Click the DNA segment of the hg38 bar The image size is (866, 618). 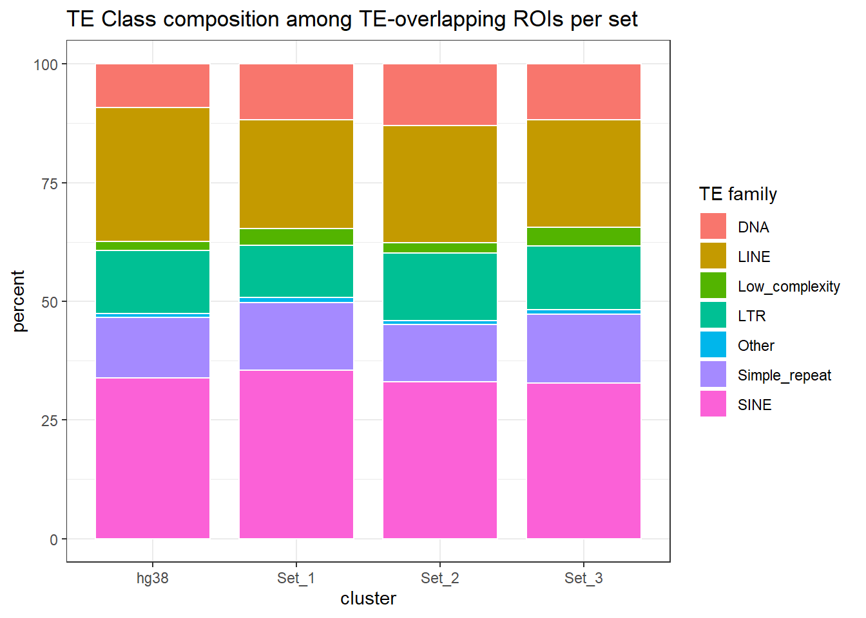click(153, 86)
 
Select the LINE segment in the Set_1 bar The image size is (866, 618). click(296, 174)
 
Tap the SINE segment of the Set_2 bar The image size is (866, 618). click(440, 460)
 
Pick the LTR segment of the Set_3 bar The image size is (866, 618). click(584, 277)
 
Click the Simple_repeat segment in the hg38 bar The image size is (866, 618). click(153, 347)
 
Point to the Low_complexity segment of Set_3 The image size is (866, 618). click(584, 236)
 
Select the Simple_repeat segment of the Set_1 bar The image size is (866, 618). click(296, 336)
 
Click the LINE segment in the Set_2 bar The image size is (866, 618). click(440, 183)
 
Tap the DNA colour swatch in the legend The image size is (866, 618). click(713, 227)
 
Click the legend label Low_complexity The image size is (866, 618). click(789, 286)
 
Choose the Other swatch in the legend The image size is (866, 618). click(713, 345)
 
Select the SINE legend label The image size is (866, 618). click(755, 405)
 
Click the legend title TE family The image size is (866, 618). click(738, 194)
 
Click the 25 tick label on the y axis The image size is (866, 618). click(50, 420)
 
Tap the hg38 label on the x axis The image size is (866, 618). click(153, 578)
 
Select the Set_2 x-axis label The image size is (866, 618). click(440, 578)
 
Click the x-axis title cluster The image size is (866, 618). click(368, 599)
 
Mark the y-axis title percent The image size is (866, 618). click(19, 301)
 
